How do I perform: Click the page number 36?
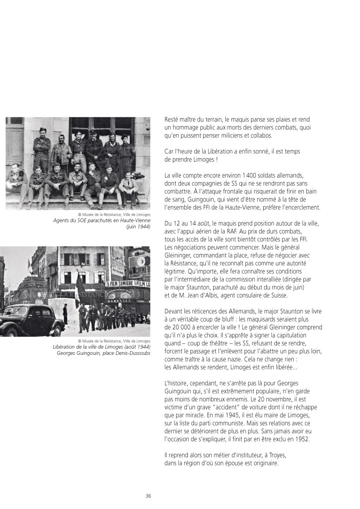(148, 496)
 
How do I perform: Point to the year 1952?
(302, 438)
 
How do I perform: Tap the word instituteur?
(244, 455)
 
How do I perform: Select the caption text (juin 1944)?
(138, 226)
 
